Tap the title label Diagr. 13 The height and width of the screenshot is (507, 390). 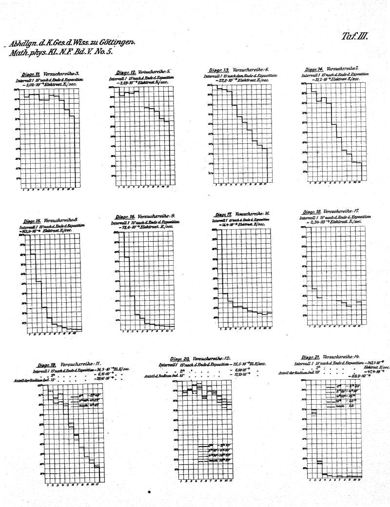(219, 71)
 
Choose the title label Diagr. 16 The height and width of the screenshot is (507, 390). (125, 216)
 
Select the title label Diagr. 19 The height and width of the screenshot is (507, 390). (47, 364)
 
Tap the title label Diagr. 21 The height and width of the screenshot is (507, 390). (311, 357)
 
